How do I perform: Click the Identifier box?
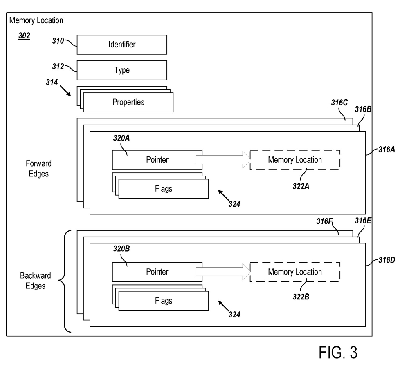[x=121, y=45]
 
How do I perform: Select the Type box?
[x=121, y=70]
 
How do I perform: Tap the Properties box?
[x=128, y=102]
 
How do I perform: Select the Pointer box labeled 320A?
[x=157, y=160]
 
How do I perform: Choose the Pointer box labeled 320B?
[x=157, y=271]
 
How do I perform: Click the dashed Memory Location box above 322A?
[x=294, y=160]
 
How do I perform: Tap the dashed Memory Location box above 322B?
[x=294, y=271]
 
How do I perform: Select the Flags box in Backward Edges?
[x=163, y=301]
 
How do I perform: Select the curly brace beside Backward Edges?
[x=65, y=281]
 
